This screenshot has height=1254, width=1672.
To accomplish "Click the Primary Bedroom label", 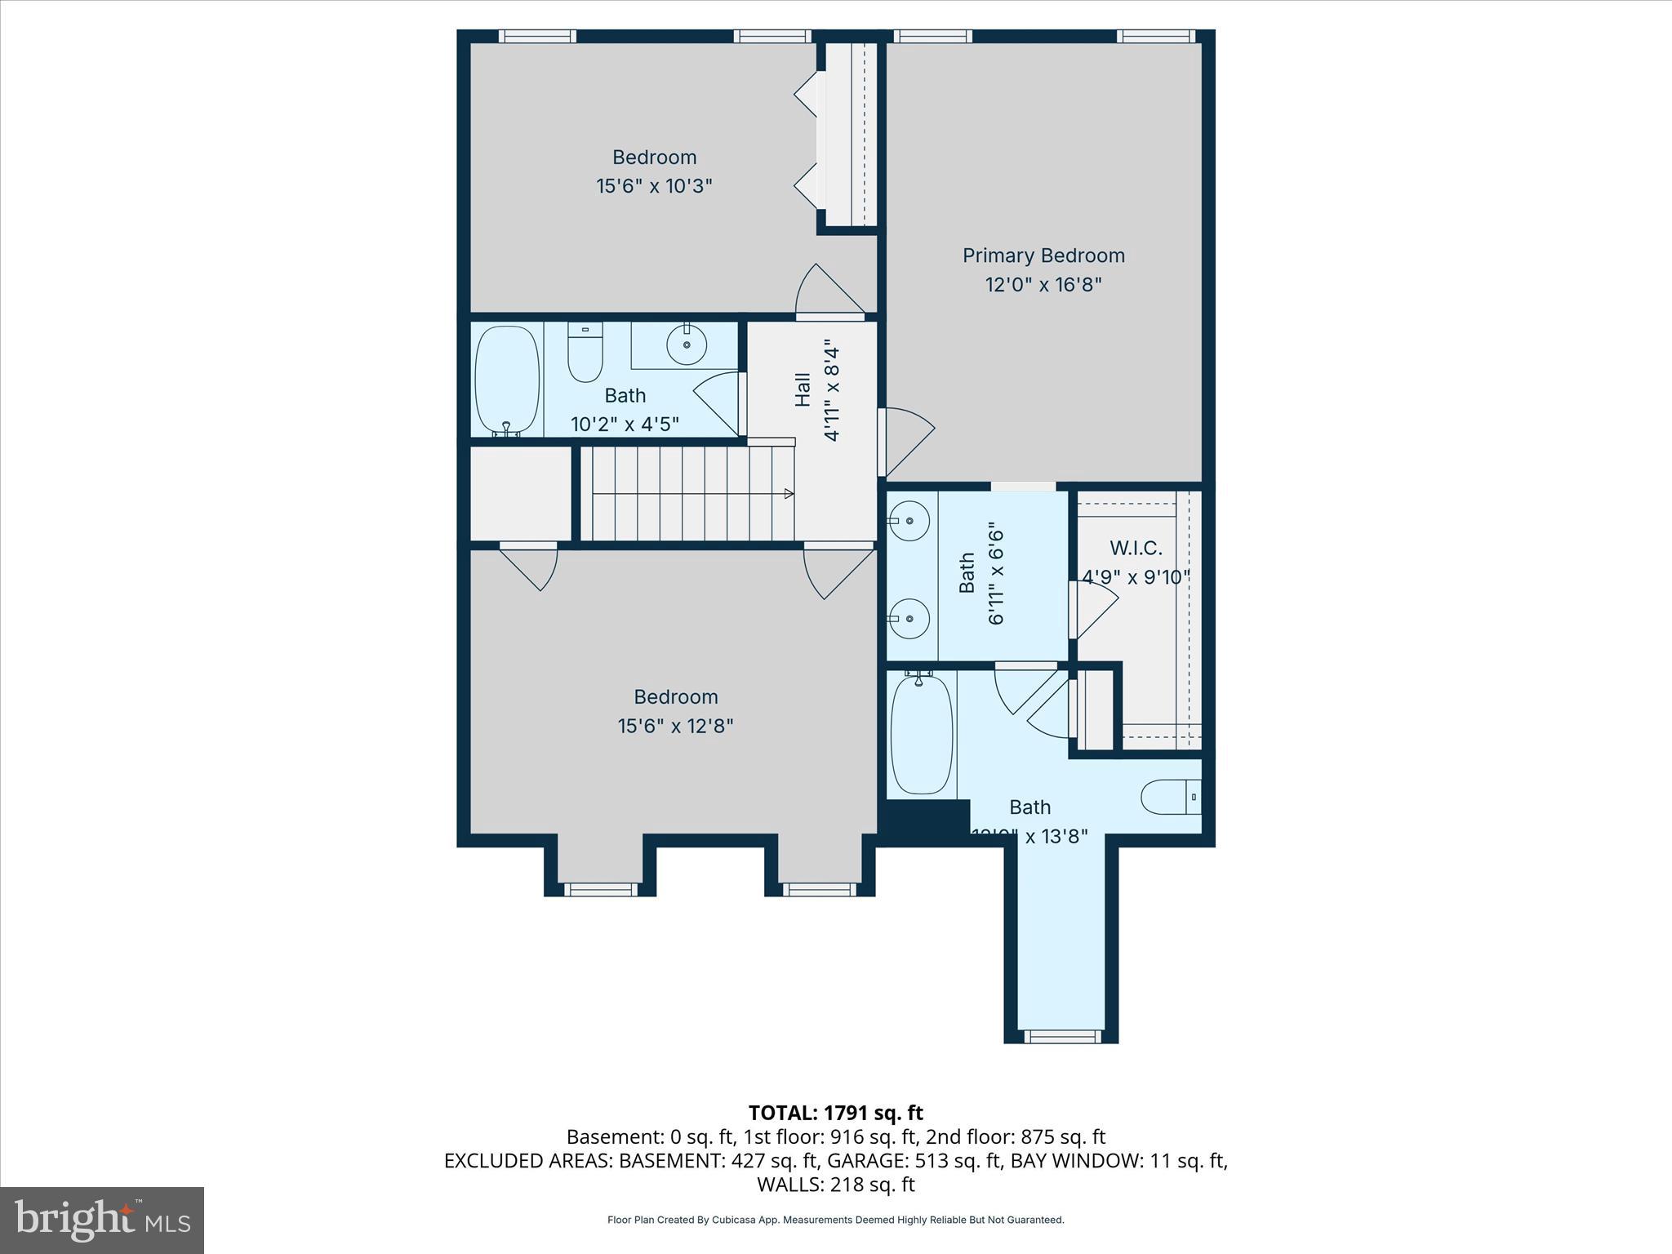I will [x=1043, y=256].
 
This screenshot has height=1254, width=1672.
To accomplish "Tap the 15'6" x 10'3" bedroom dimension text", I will [x=654, y=186].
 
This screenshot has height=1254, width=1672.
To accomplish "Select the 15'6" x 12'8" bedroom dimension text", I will [x=675, y=726].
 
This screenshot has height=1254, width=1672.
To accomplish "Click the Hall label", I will [x=803, y=390].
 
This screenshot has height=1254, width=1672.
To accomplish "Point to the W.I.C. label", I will [x=1136, y=548].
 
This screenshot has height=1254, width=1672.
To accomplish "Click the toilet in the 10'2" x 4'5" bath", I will [x=585, y=353].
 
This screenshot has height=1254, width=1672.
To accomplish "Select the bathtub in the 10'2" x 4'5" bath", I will [x=508, y=380].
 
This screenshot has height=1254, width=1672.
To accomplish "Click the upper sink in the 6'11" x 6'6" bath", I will [x=909, y=520].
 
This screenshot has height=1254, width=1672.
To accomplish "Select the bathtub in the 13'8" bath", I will [x=921, y=733].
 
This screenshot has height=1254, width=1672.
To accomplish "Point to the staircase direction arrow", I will [x=789, y=493].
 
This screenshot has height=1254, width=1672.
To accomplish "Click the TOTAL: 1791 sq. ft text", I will [x=835, y=1113].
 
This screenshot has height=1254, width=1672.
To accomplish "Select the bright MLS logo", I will [x=102, y=1220].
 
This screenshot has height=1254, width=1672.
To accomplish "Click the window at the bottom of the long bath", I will [x=1061, y=1036].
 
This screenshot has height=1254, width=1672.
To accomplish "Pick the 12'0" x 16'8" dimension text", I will [x=1043, y=285].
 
